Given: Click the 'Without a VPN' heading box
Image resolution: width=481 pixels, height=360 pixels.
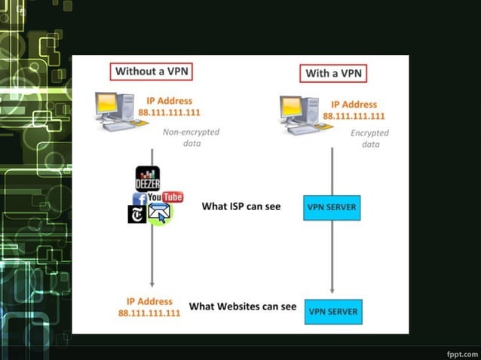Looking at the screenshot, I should coord(152,72).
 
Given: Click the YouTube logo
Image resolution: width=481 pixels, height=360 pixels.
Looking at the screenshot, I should coord(165,197).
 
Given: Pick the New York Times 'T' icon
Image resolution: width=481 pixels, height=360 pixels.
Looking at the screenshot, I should coord(136,214).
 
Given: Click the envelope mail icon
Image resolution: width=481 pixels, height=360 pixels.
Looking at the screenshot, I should coord(160,213).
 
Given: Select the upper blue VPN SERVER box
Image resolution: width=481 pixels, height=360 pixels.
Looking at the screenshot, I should coord(332,206).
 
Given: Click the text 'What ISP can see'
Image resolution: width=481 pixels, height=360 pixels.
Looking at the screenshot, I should coord(240,206).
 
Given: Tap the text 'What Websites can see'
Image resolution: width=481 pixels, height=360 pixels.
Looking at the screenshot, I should coord(243,307).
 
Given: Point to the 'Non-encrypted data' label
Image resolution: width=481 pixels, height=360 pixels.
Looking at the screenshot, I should coord(191,137).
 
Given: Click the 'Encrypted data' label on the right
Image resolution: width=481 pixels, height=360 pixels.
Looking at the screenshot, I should coord(369,139).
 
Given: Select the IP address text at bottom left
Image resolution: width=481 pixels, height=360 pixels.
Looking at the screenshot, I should coord(149,307).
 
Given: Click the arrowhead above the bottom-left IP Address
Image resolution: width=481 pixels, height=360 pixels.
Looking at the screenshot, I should coord(152,283).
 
